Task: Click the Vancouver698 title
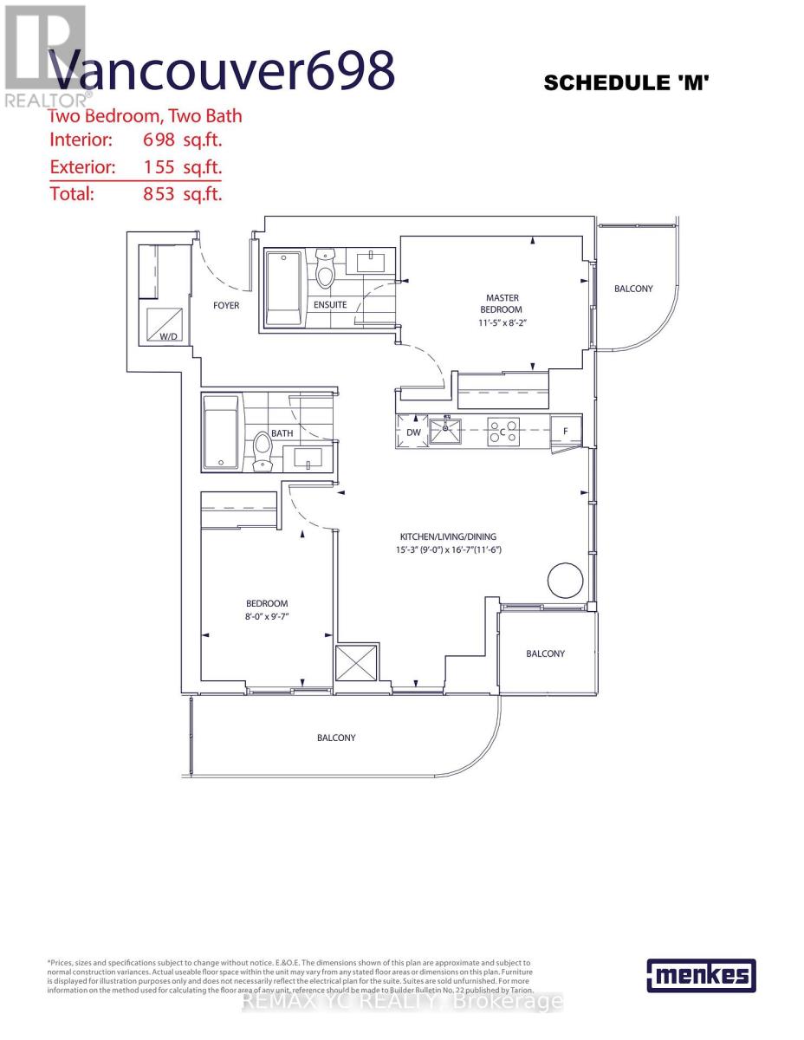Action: pyautogui.click(x=221, y=71)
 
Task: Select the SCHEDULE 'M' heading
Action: pyautogui.click(x=626, y=83)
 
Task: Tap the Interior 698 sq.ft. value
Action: pyautogui.click(x=182, y=140)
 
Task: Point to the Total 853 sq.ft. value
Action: pyautogui.click(x=182, y=194)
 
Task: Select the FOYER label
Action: pyautogui.click(x=226, y=305)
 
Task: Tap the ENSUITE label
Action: pyautogui.click(x=330, y=304)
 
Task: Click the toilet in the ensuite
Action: pyautogui.click(x=326, y=270)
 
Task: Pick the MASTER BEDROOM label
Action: pyautogui.click(x=502, y=303)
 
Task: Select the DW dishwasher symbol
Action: pyautogui.click(x=413, y=432)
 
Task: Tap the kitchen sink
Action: pyautogui.click(x=447, y=431)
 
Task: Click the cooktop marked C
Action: pyautogui.click(x=502, y=431)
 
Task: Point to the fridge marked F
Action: pyautogui.click(x=566, y=431)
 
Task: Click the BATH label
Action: pyautogui.click(x=282, y=432)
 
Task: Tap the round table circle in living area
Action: pyautogui.click(x=564, y=578)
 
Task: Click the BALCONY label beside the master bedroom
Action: pyautogui.click(x=633, y=289)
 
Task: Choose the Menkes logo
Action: pyautogui.click(x=701, y=975)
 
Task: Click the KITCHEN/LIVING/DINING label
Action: pyautogui.click(x=448, y=536)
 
